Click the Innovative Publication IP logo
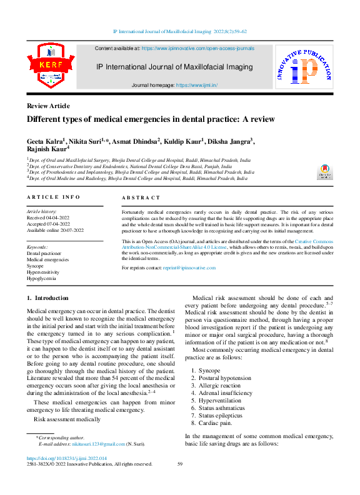[x=304, y=69]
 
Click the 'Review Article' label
[x=48, y=106]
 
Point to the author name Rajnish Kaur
[x=46, y=150]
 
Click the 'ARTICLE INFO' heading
[x=53, y=197]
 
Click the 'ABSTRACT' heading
[x=141, y=197]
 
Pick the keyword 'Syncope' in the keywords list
[x=39, y=266]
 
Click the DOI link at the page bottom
[x=68, y=457]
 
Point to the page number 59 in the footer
[x=180, y=464]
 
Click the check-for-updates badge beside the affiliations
[x=325, y=172]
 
